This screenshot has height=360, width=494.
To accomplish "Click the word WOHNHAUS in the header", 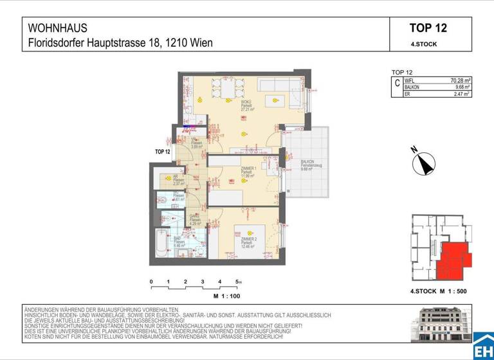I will pos(57,28).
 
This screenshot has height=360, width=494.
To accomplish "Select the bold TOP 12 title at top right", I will pos(428,28).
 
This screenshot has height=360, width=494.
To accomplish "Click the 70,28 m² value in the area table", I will pos(459,80).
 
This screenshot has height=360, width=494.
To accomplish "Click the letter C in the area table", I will pos(397,84).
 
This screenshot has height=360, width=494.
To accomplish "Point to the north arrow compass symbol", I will pos(423,162).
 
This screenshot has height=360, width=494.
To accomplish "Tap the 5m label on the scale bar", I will pos(239,282).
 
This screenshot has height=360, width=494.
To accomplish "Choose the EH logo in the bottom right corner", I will pos(483,347).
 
